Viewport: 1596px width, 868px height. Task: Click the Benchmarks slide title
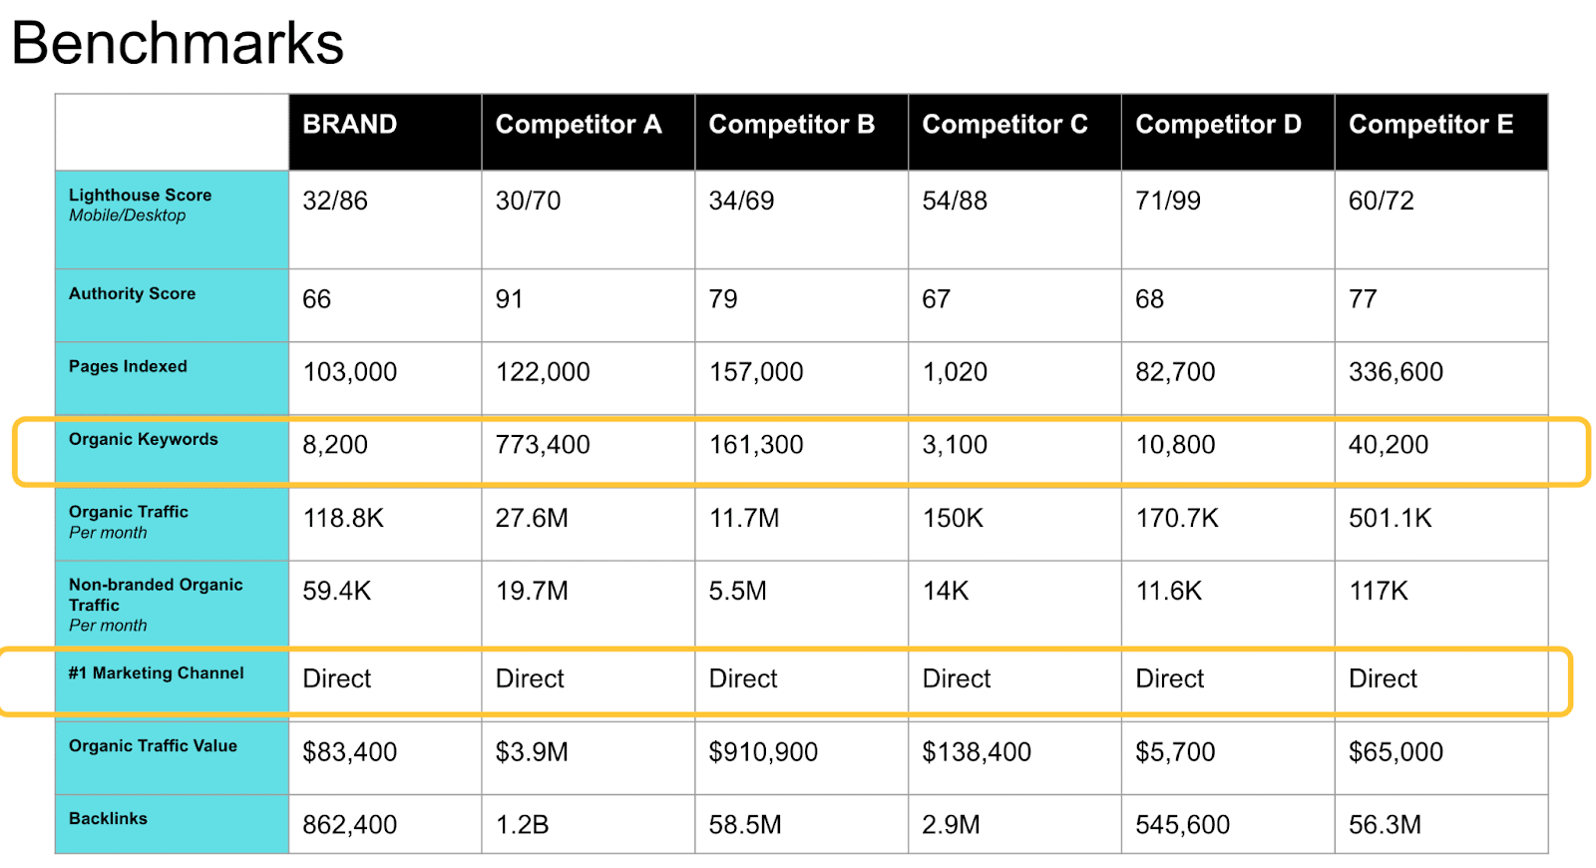pos(178,43)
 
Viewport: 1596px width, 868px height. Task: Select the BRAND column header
pos(349,125)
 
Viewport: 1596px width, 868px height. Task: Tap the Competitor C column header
pos(1004,125)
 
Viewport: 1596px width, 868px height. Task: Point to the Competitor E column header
pos(1430,125)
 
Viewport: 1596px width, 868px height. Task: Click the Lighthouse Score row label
pos(140,196)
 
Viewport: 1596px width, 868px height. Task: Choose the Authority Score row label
pos(132,293)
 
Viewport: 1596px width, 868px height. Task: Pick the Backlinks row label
pos(108,818)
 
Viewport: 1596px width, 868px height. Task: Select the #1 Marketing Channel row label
pos(156,672)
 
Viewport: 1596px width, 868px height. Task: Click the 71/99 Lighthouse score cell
pos(1167,201)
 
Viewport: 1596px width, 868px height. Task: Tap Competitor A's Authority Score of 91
pos(509,299)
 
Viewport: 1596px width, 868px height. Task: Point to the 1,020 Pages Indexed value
pos(955,372)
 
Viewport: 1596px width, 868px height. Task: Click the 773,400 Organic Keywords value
pos(543,445)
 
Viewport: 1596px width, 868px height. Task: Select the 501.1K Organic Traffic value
pos(1390,518)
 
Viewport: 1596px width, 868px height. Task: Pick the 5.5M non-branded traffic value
pos(737,591)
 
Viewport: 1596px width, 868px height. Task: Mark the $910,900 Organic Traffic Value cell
pos(763,752)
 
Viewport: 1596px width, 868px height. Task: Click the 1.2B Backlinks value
pos(522,825)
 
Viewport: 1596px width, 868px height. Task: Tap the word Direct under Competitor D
pos(1169,678)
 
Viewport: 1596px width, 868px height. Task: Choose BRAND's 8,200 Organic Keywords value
pos(335,445)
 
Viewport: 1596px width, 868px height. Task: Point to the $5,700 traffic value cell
pos(1175,752)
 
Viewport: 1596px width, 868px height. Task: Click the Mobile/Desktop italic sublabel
pos(127,216)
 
